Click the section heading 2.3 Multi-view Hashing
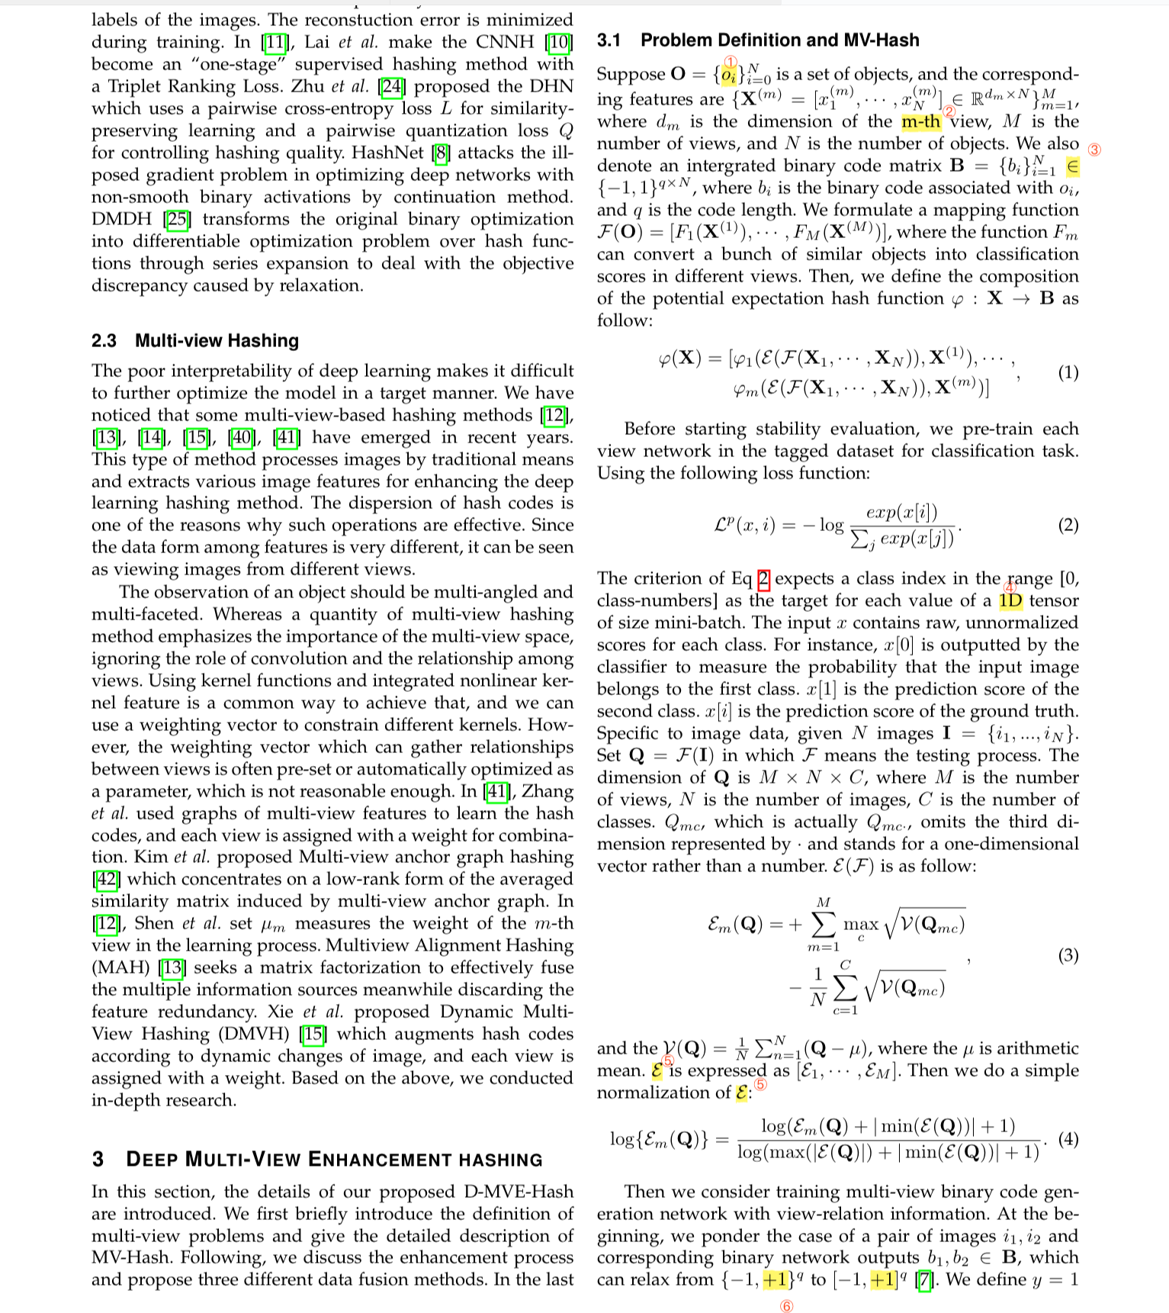coord(194,340)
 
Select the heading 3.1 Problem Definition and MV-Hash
coord(758,40)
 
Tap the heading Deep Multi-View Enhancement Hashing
coord(317,1160)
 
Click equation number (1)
coord(1068,372)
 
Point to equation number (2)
coord(1068,525)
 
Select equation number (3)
coord(1068,955)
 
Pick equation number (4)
coord(1068,1139)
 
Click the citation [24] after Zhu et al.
coord(392,86)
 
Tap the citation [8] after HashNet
coord(440,153)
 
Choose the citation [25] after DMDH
coord(178,219)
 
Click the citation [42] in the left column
coord(106,879)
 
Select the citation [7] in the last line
coord(924,1279)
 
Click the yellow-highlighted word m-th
coord(920,122)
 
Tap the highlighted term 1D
coord(1010,600)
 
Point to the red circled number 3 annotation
coord(1094,150)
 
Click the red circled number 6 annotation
coord(787,1305)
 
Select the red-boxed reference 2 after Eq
coord(763,579)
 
